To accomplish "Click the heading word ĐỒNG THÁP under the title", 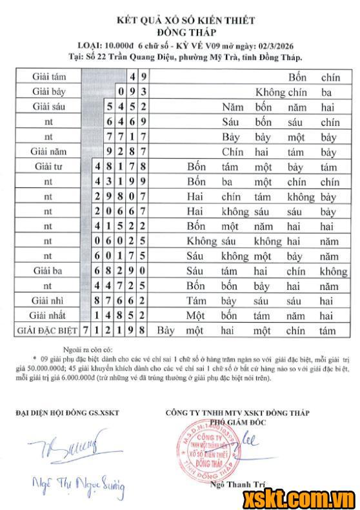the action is coord(185,32).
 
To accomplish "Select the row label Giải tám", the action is coord(48,76).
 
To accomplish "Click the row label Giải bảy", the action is coord(48,92).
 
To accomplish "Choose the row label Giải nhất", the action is coord(48,315).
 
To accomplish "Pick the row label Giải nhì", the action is coord(48,300).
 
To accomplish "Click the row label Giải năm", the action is coord(48,152).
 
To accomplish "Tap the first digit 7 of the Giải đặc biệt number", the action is coord(85,331).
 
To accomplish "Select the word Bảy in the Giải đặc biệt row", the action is coord(166,331).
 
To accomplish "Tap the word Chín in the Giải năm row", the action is coord(232,152).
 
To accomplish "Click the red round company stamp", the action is coord(206,449).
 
